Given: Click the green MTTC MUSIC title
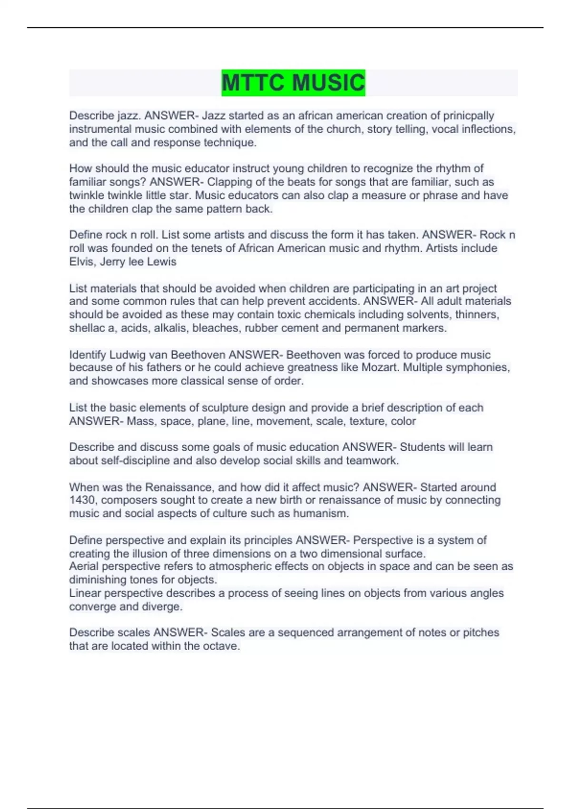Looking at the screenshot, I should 293,83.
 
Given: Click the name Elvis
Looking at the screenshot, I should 82,262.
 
